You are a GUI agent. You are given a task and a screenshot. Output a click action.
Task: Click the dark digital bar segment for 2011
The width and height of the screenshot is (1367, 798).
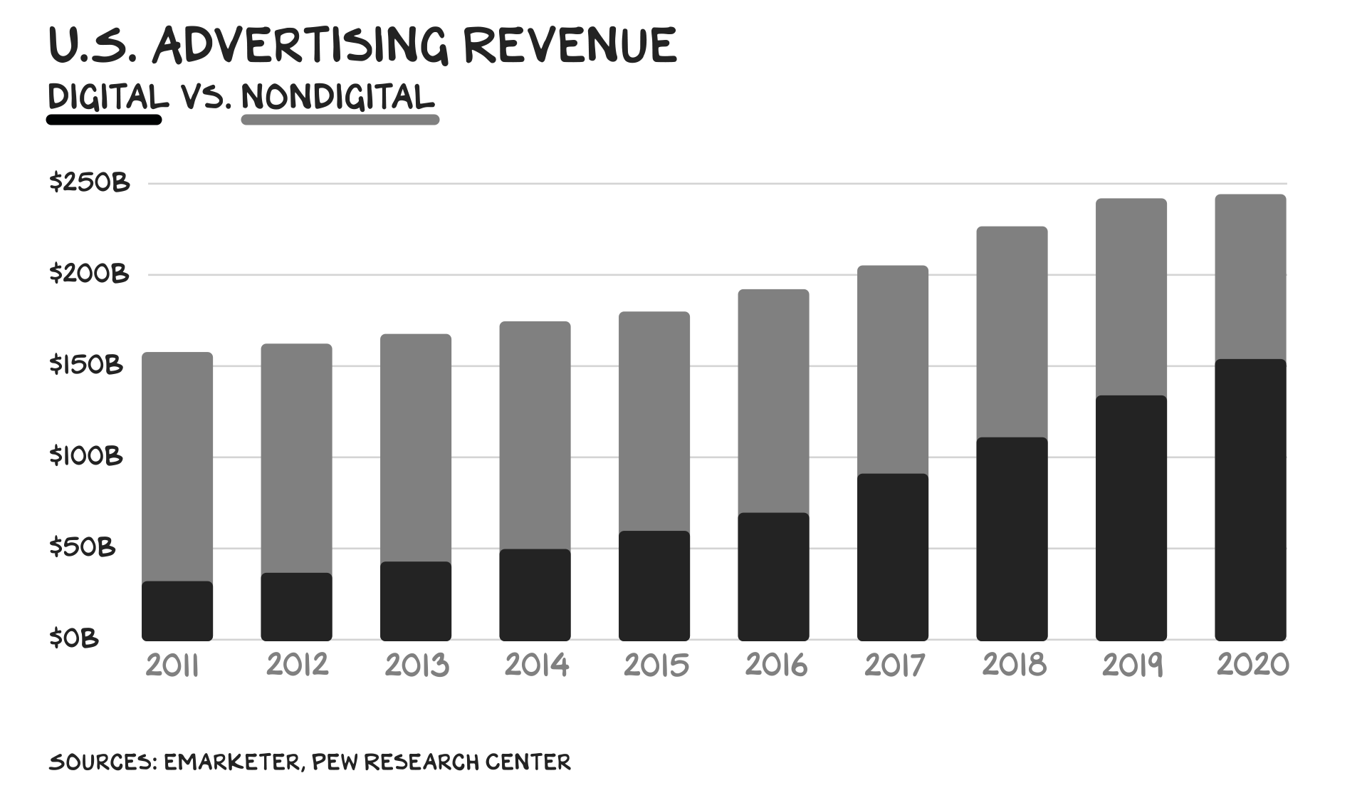tap(177, 611)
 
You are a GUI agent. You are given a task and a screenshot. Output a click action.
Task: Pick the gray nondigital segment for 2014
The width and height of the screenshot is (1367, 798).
tap(535, 435)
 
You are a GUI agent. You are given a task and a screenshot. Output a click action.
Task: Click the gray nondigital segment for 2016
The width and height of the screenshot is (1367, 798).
tap(773, 400)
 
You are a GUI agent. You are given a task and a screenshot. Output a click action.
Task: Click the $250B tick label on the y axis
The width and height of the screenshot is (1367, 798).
tap(89, 183)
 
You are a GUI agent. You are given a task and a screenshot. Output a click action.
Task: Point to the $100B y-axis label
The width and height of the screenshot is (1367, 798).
tap(86, 456)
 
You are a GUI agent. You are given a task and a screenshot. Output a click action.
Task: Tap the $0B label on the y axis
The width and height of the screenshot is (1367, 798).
tap(73, 638)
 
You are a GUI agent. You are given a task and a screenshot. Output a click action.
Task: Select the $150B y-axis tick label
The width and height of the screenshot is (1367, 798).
tap(86, 365)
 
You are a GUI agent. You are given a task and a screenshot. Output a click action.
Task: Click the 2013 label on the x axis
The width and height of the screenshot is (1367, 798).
tap(417, 665)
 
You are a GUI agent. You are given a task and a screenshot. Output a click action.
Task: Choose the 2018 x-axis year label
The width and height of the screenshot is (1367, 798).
tap(1014, 665)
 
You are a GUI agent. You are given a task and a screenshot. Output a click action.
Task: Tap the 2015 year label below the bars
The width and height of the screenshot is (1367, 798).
tap(656, 665)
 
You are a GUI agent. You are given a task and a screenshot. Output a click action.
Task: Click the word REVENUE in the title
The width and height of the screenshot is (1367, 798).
tap(570, 46)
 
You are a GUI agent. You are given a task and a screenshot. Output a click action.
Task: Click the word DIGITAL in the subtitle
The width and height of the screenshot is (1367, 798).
tap(108, 96)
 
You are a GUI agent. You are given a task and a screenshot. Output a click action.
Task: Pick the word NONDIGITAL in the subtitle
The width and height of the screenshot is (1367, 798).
tap(337, 97)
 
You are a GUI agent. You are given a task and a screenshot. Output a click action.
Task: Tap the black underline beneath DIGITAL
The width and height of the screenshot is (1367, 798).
tap(104, 120)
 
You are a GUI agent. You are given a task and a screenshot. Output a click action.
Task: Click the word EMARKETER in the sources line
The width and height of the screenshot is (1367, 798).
tap(232, 762)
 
